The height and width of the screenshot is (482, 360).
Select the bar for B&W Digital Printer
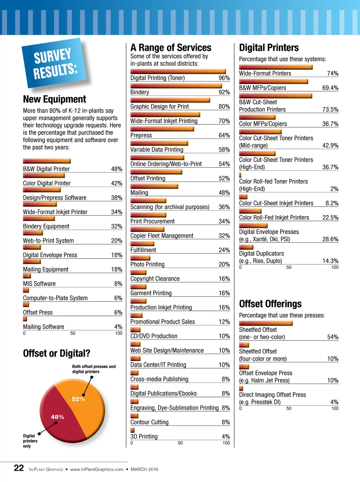click(x=47, y=161)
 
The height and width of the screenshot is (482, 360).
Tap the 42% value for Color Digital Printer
click(x=117, y=183)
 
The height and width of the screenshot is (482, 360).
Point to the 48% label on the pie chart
click(x=57, y=417)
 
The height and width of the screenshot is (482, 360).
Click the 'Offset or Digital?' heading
click(x=57, y=353)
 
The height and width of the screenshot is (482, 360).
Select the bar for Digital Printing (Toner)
click(x=178, y=71)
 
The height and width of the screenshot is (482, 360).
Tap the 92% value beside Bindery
click(x=224, y=92)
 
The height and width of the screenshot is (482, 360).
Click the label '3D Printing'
click(x=144, y=436)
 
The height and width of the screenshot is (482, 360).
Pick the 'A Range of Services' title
click(x=171, y=47)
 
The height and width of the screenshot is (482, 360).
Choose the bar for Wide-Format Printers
click(x=276, y=67)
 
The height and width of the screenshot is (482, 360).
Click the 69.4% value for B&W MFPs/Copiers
click(x=330, y=88)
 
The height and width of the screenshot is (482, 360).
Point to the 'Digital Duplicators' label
click(x=261, y=254)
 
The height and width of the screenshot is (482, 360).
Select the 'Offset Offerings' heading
click(x=270, y=304)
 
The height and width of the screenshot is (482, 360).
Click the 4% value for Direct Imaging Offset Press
click(x=334, y=402)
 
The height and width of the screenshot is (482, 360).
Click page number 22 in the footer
click(x=19, y=468)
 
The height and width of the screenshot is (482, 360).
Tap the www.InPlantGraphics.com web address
click(x=97, y=469)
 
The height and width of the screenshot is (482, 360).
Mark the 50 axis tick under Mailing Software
click(x=73, y=333)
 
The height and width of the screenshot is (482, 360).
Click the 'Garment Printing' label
click(x=151, y=293)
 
